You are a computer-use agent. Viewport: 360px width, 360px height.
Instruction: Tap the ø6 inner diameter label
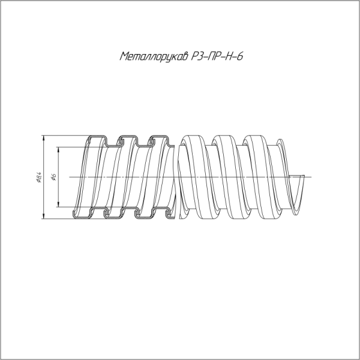tap(53, 177)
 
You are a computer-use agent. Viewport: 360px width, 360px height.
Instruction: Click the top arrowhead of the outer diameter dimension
tap(44, 137)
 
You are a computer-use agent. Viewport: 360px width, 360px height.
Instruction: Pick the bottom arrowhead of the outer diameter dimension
tap(44, 218)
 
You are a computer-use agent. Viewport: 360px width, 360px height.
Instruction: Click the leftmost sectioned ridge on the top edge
tap(95, 139)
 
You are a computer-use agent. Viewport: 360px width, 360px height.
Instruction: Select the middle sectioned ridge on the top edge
tap(126, 139)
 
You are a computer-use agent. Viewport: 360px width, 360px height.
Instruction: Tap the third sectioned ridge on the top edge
tap(158, 139)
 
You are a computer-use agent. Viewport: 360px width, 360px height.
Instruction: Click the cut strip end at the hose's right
tap(304, 176)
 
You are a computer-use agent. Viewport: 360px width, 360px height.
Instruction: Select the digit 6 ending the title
tap(239, 58)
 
